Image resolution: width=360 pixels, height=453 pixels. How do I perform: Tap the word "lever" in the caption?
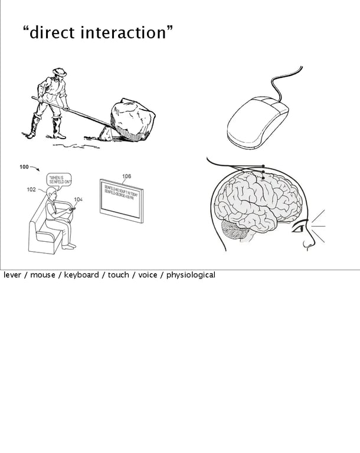pos(12,275)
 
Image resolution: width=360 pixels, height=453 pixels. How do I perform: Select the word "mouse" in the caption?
pos(42,275)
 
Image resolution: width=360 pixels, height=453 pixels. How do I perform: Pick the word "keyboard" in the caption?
pos(81,275)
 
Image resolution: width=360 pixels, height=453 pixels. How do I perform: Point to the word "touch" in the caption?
pos(118,275)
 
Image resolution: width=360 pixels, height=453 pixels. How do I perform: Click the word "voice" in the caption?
pos(148,275)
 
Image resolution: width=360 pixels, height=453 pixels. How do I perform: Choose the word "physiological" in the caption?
pos(191,275)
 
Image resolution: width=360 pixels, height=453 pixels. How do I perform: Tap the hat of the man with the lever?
pos(59,72)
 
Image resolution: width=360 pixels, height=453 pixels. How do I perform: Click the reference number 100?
pos(24,167)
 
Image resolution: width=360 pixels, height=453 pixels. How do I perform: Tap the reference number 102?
pos(31,189)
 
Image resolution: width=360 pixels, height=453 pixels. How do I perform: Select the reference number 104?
pos(78,199)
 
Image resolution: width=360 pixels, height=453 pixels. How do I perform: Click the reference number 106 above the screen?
pos(126,176)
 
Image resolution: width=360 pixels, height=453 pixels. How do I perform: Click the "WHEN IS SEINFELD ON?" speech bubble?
pos(58,179)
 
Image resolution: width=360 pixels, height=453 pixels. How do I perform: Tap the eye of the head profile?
pos(302,225)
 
